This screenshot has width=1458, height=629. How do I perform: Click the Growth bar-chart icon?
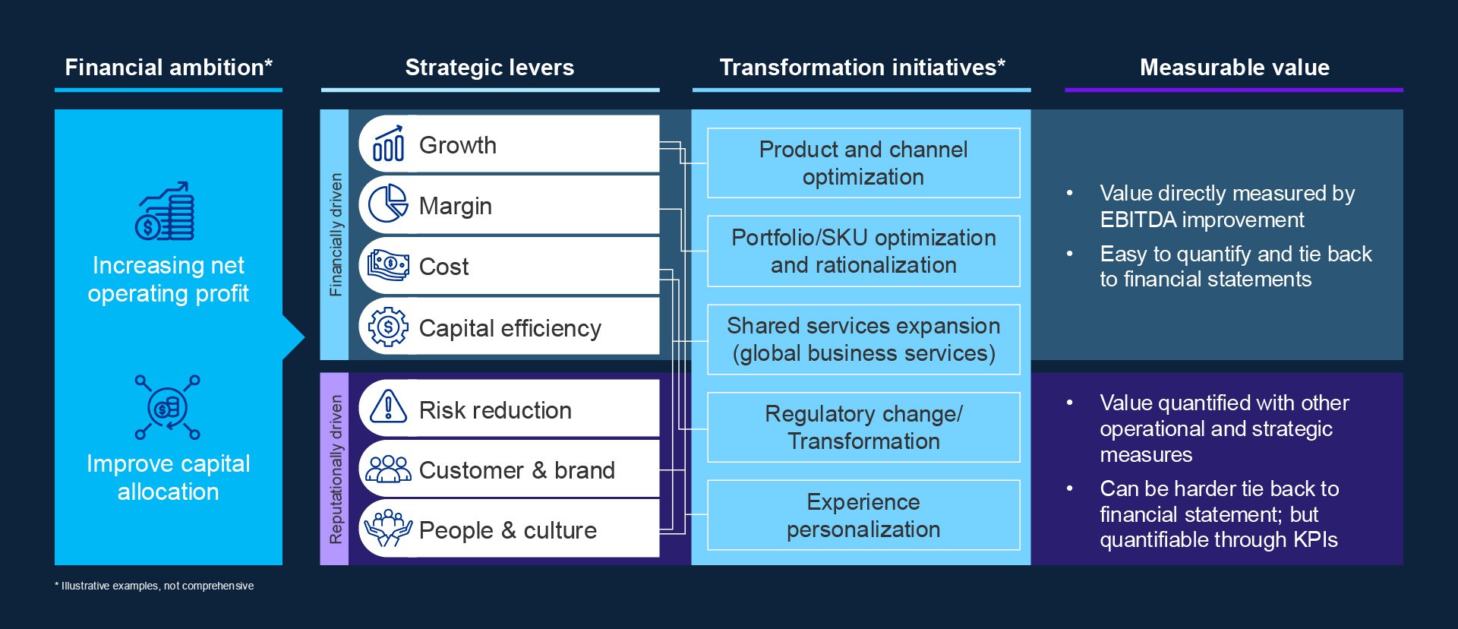click(x=388, y=144)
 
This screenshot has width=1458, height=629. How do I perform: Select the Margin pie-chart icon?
click(x=388, y=204)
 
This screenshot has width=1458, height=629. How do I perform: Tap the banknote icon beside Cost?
click(x=388, y=265)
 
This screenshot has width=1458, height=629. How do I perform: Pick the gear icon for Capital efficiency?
click(x=388, y=327)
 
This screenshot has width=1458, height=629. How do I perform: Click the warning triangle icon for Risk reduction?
click(x=388, y=407)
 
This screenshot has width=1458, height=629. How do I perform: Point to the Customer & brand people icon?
click(x=388, y=469)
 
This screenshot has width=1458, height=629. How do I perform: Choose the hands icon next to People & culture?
click(x=388, y=528)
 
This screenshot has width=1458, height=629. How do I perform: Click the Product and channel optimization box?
click(x=863, y=163)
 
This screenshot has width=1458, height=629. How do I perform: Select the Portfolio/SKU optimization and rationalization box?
click(x=863, y=251)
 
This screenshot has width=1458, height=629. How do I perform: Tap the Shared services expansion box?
click(x=863, y=340)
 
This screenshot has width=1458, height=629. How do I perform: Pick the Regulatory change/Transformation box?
click(x=863, y=428)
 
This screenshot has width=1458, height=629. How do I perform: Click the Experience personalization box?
click(x=863, y=515)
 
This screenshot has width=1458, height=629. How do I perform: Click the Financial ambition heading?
click(x=169, y=68)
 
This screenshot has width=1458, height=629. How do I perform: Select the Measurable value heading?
click(x=1234, y=68)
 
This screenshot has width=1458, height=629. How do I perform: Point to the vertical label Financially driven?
click(x=335, y=234)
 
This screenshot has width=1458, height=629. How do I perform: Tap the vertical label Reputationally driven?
click(x=335, y=469)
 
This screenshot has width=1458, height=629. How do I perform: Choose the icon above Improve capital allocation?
click(x=168, y=408)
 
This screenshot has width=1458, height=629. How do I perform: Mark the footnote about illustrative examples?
click(x=154, y=586)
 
